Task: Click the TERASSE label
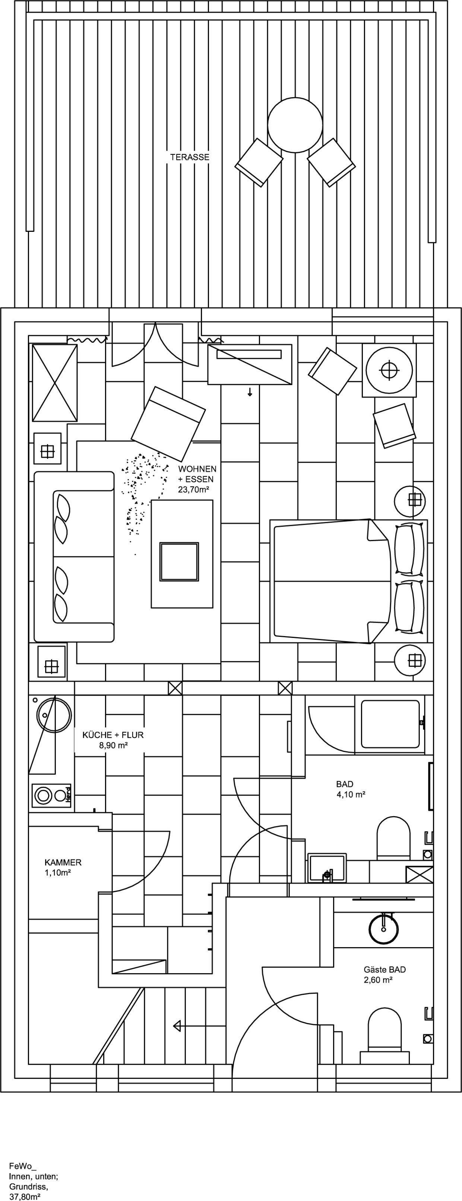point(190,157)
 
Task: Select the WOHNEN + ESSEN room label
point(197,473)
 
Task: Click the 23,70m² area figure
point(193,489)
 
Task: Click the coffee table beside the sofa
point(181,553)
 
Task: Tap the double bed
point(348,581)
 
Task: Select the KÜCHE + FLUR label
point(113,735)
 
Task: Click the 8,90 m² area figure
point(113,745)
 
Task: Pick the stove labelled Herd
point(51,795)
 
